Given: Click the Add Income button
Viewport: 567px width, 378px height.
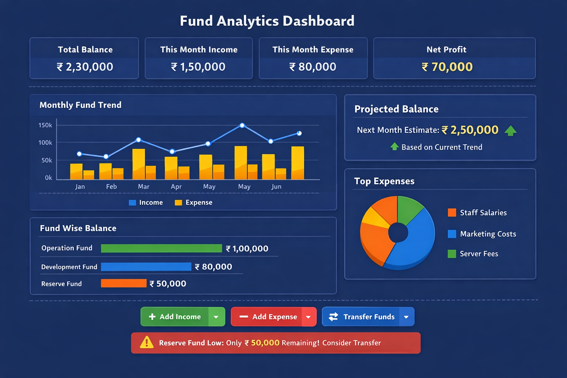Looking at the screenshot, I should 175,317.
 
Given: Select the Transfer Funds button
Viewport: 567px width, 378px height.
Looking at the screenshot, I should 362,317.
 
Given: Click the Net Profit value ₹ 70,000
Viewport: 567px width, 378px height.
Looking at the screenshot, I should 447,67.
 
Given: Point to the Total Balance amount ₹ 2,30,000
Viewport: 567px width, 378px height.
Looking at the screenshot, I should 85,67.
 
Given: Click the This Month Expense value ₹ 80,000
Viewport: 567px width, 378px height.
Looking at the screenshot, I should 313,67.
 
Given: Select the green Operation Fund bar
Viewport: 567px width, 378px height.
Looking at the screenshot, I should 161,248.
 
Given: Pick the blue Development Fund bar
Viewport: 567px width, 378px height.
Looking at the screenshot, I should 146,267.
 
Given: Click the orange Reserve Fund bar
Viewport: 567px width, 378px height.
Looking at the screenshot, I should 124,283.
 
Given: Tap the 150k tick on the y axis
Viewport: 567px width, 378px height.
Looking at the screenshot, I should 45,125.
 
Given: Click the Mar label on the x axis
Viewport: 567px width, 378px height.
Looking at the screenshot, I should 144,186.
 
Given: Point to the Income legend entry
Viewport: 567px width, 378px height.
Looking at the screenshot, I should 146,202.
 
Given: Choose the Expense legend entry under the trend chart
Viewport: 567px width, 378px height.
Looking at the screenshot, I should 193,202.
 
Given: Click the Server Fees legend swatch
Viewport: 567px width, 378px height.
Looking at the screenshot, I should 452,254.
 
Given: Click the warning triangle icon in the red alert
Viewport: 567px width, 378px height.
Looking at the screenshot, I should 147,343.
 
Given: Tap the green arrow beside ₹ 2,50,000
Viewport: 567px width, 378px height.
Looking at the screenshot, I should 511,130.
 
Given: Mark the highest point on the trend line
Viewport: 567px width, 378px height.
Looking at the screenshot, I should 242,126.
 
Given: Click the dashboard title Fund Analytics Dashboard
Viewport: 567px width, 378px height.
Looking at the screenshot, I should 267,21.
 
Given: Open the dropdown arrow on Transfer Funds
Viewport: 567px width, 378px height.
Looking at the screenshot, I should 406,317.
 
